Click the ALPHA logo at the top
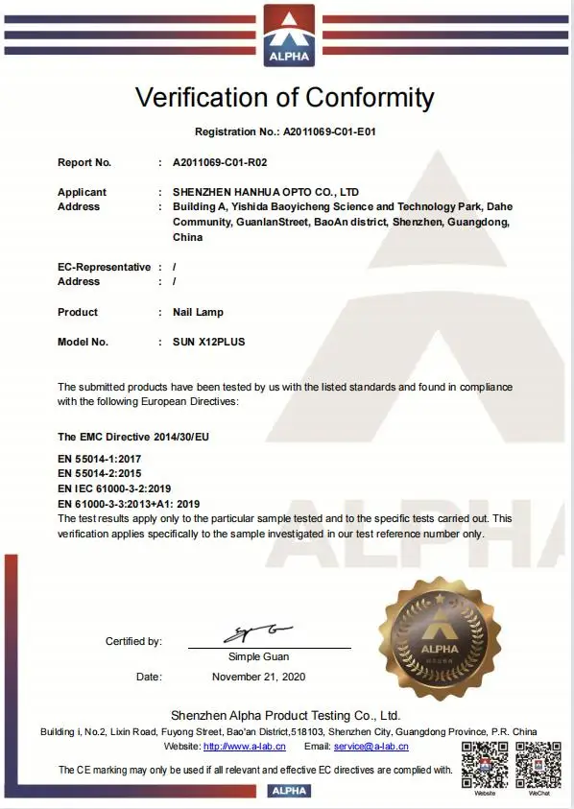(288, 36)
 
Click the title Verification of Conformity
(285, 97)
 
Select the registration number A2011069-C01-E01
(335, 131)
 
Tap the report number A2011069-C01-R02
(220, 162)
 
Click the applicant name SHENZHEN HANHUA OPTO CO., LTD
(266, 192)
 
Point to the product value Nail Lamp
(198, 312)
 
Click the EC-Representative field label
(104, 267)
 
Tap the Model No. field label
(83, 342)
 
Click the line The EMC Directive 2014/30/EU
(133, 437)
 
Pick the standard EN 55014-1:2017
(100, 461)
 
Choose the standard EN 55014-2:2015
(100, 474)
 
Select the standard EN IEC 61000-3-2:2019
(114, 488)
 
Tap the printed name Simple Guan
(258, 656)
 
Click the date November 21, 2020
(258, 677)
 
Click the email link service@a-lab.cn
(371, 746)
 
